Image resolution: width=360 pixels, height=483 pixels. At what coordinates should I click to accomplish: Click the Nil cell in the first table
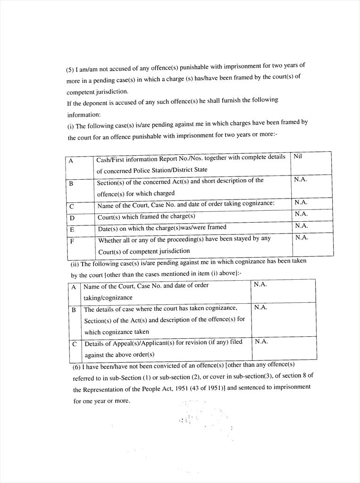(298, 157)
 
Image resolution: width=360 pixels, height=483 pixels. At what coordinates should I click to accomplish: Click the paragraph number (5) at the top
(70, 70)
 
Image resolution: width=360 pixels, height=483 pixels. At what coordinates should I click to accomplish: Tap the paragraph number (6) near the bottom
(76, 366)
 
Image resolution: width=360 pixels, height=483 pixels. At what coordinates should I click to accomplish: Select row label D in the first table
(72, 218)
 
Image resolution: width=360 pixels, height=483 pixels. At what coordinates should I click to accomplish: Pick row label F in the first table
(72, 241)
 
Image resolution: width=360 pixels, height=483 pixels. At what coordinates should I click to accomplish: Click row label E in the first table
(72, 229)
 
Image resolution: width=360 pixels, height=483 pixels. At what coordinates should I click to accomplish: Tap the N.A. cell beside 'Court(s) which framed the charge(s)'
(301, 214)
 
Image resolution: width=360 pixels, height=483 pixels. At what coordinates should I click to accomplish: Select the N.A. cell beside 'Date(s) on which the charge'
(301, 225)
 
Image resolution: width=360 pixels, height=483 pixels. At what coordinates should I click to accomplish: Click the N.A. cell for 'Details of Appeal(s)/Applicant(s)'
(261, 341)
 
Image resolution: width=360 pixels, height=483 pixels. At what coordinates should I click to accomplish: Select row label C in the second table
(75, 344)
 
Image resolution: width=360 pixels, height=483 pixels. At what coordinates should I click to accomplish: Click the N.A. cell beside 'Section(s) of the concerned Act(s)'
(301, 180)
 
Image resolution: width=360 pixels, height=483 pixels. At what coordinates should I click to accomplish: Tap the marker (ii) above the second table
(75, 264)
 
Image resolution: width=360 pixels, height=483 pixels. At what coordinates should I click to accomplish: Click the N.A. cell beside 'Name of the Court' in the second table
(260, 284)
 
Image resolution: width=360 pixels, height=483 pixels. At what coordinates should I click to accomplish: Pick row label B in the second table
(74, 310)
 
